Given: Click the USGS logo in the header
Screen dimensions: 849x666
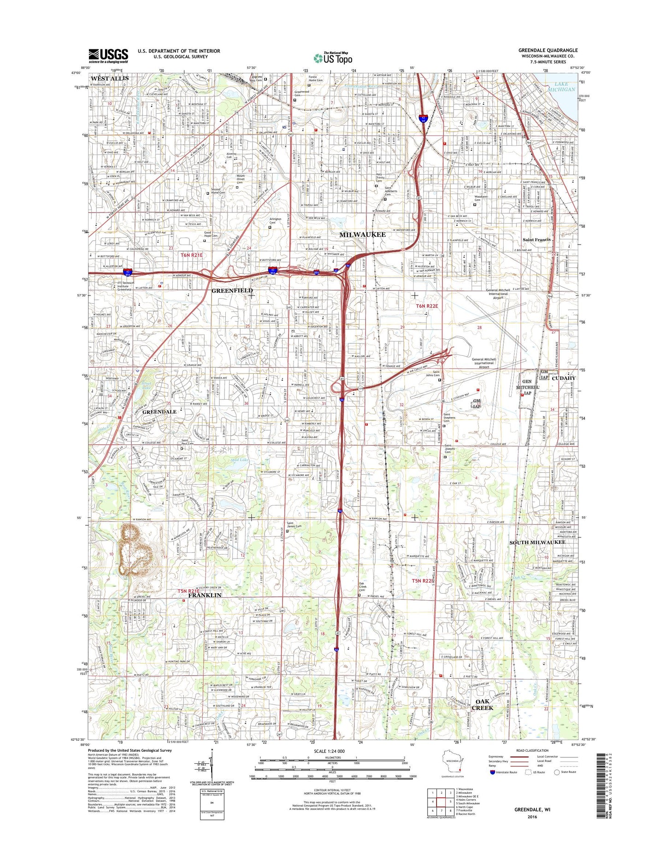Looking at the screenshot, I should [108, 56].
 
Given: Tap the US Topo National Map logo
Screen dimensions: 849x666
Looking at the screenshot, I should [333, 57].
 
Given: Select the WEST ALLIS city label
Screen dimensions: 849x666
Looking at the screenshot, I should [110, 78].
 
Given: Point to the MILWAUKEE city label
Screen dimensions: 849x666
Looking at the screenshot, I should [362, 235].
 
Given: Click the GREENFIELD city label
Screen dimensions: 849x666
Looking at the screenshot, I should [232, 290].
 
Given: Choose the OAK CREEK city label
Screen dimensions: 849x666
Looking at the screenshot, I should [482, 704].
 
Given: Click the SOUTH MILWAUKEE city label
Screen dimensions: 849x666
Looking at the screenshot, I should [537, 542].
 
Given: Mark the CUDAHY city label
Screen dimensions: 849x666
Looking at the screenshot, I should [564, 378].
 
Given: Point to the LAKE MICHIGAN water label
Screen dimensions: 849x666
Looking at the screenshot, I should [565, 87].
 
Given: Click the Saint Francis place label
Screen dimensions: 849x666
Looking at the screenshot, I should [536, 240].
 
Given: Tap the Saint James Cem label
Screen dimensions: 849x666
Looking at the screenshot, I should [294, 526].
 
